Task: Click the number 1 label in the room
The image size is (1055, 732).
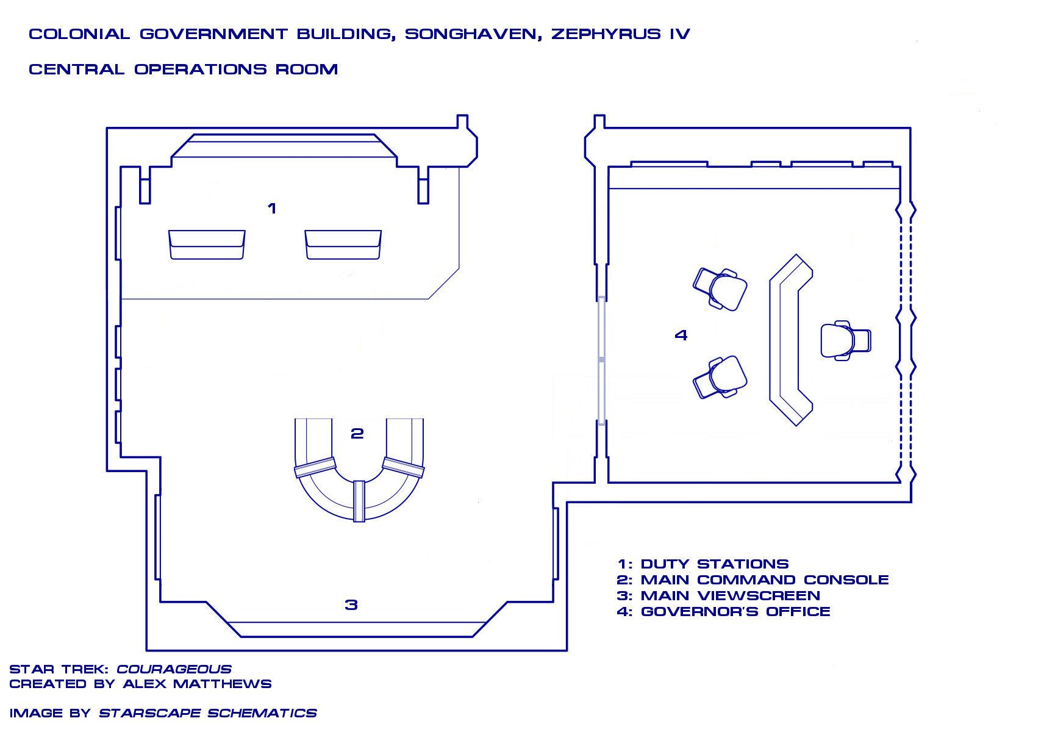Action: pos(272,209)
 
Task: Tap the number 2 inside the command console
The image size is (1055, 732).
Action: pos(357,434)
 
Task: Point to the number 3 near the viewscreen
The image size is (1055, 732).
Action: pos(351,605)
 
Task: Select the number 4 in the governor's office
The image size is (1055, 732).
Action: pos(681,335)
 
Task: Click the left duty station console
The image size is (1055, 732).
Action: pos(207,245)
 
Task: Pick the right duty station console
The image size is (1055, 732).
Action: pos(343,245)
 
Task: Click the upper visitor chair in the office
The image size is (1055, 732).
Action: pos(720,289)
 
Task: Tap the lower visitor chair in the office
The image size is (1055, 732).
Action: pos(720,378)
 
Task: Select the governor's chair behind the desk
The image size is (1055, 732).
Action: pos(845,340)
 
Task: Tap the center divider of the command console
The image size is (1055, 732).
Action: pos(359,501)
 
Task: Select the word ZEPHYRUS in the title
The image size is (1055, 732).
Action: pos(606,34)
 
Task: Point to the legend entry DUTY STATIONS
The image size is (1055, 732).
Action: pos(715,564)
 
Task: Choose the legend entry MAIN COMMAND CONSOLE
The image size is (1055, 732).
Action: pos(765,580)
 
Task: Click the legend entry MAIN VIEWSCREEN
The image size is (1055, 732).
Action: pos(731,596)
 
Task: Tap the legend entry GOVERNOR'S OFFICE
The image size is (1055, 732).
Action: pos(735,612)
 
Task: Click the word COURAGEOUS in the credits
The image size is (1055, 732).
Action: pos(174,669)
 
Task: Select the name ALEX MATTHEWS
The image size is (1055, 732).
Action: pos(197,684)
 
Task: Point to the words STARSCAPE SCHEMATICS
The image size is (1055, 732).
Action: pos(208,713)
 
